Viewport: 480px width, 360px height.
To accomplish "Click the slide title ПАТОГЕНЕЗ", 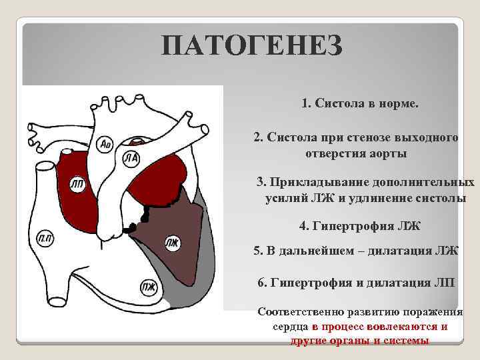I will [x=252, y=47].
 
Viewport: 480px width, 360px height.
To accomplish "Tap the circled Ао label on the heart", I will [x=105, y=143].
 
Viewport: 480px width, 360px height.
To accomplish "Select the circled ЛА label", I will [x=131, y=158].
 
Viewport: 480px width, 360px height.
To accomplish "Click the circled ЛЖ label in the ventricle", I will [x=172, y=243].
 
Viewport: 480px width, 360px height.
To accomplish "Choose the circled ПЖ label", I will [x=147, y=287].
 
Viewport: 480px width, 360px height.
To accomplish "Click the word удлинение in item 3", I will [x=384, y=198].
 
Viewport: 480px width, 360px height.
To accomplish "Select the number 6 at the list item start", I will [x=261, y=282].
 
